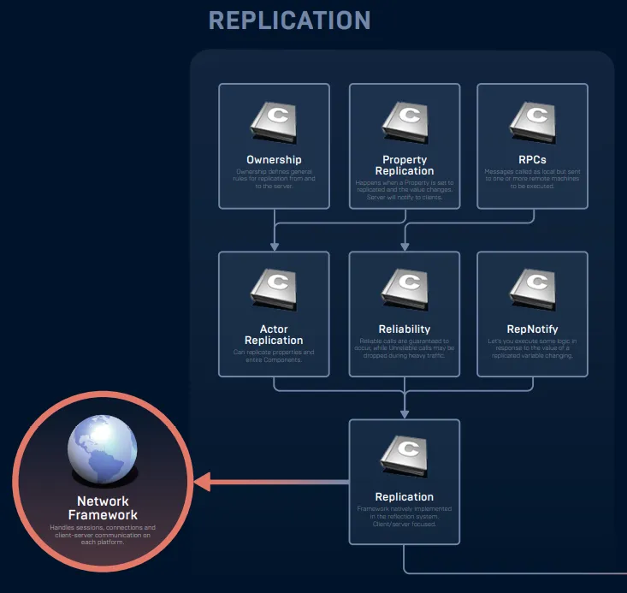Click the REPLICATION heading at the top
coord(289,20)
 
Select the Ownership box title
coord(274,160)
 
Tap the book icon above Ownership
coord(274,122)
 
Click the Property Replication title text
coord(405,165)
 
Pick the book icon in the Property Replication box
coord(405,122)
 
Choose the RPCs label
coord(532,160)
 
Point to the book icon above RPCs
coord(532,122)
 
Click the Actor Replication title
coord(274,335)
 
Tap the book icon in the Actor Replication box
coord(274,290)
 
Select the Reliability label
coord(405,329)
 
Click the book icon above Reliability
coord(405,290)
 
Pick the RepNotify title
coord(532,329)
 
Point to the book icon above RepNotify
coord(532,290)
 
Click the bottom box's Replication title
coord(405,497)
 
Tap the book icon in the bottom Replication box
coord(405,458)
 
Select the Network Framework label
coord(103,508)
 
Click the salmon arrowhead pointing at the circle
coord(204,483)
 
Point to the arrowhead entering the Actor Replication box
coord(275,246)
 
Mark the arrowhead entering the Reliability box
coord(405,246)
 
